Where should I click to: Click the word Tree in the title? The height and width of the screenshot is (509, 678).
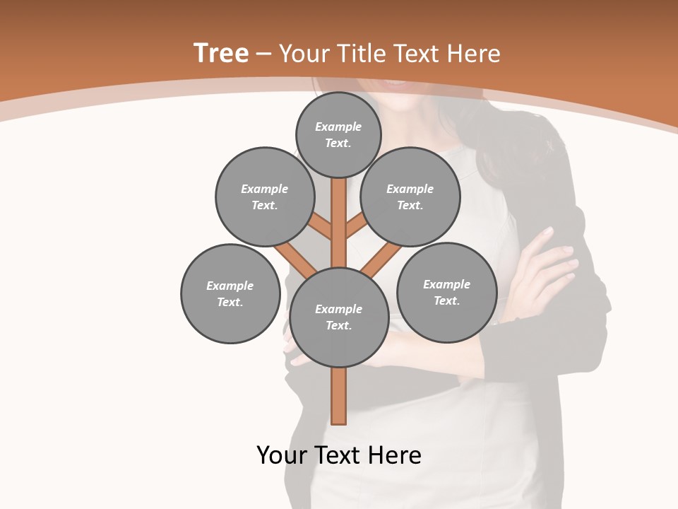click(x=220, y=53)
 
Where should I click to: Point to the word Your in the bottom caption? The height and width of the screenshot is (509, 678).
click(x=282, y=455)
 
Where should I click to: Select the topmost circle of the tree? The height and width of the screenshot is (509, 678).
click(x=338, y=134)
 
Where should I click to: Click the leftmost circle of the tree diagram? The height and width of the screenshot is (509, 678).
click(x=230, y=293)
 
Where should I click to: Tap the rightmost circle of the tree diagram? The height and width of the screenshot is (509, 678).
click(x=446, y=292)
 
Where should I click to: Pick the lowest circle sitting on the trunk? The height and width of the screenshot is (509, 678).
click(x=338, y=317)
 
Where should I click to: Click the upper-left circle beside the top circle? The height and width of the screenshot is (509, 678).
click(x=264, y=197)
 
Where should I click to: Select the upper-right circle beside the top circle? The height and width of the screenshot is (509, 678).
click(x=410, y=197)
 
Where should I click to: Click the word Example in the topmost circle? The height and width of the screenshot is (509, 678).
click(x=338, y=127)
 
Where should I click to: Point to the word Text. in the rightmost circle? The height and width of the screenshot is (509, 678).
click(x=446, y=300)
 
